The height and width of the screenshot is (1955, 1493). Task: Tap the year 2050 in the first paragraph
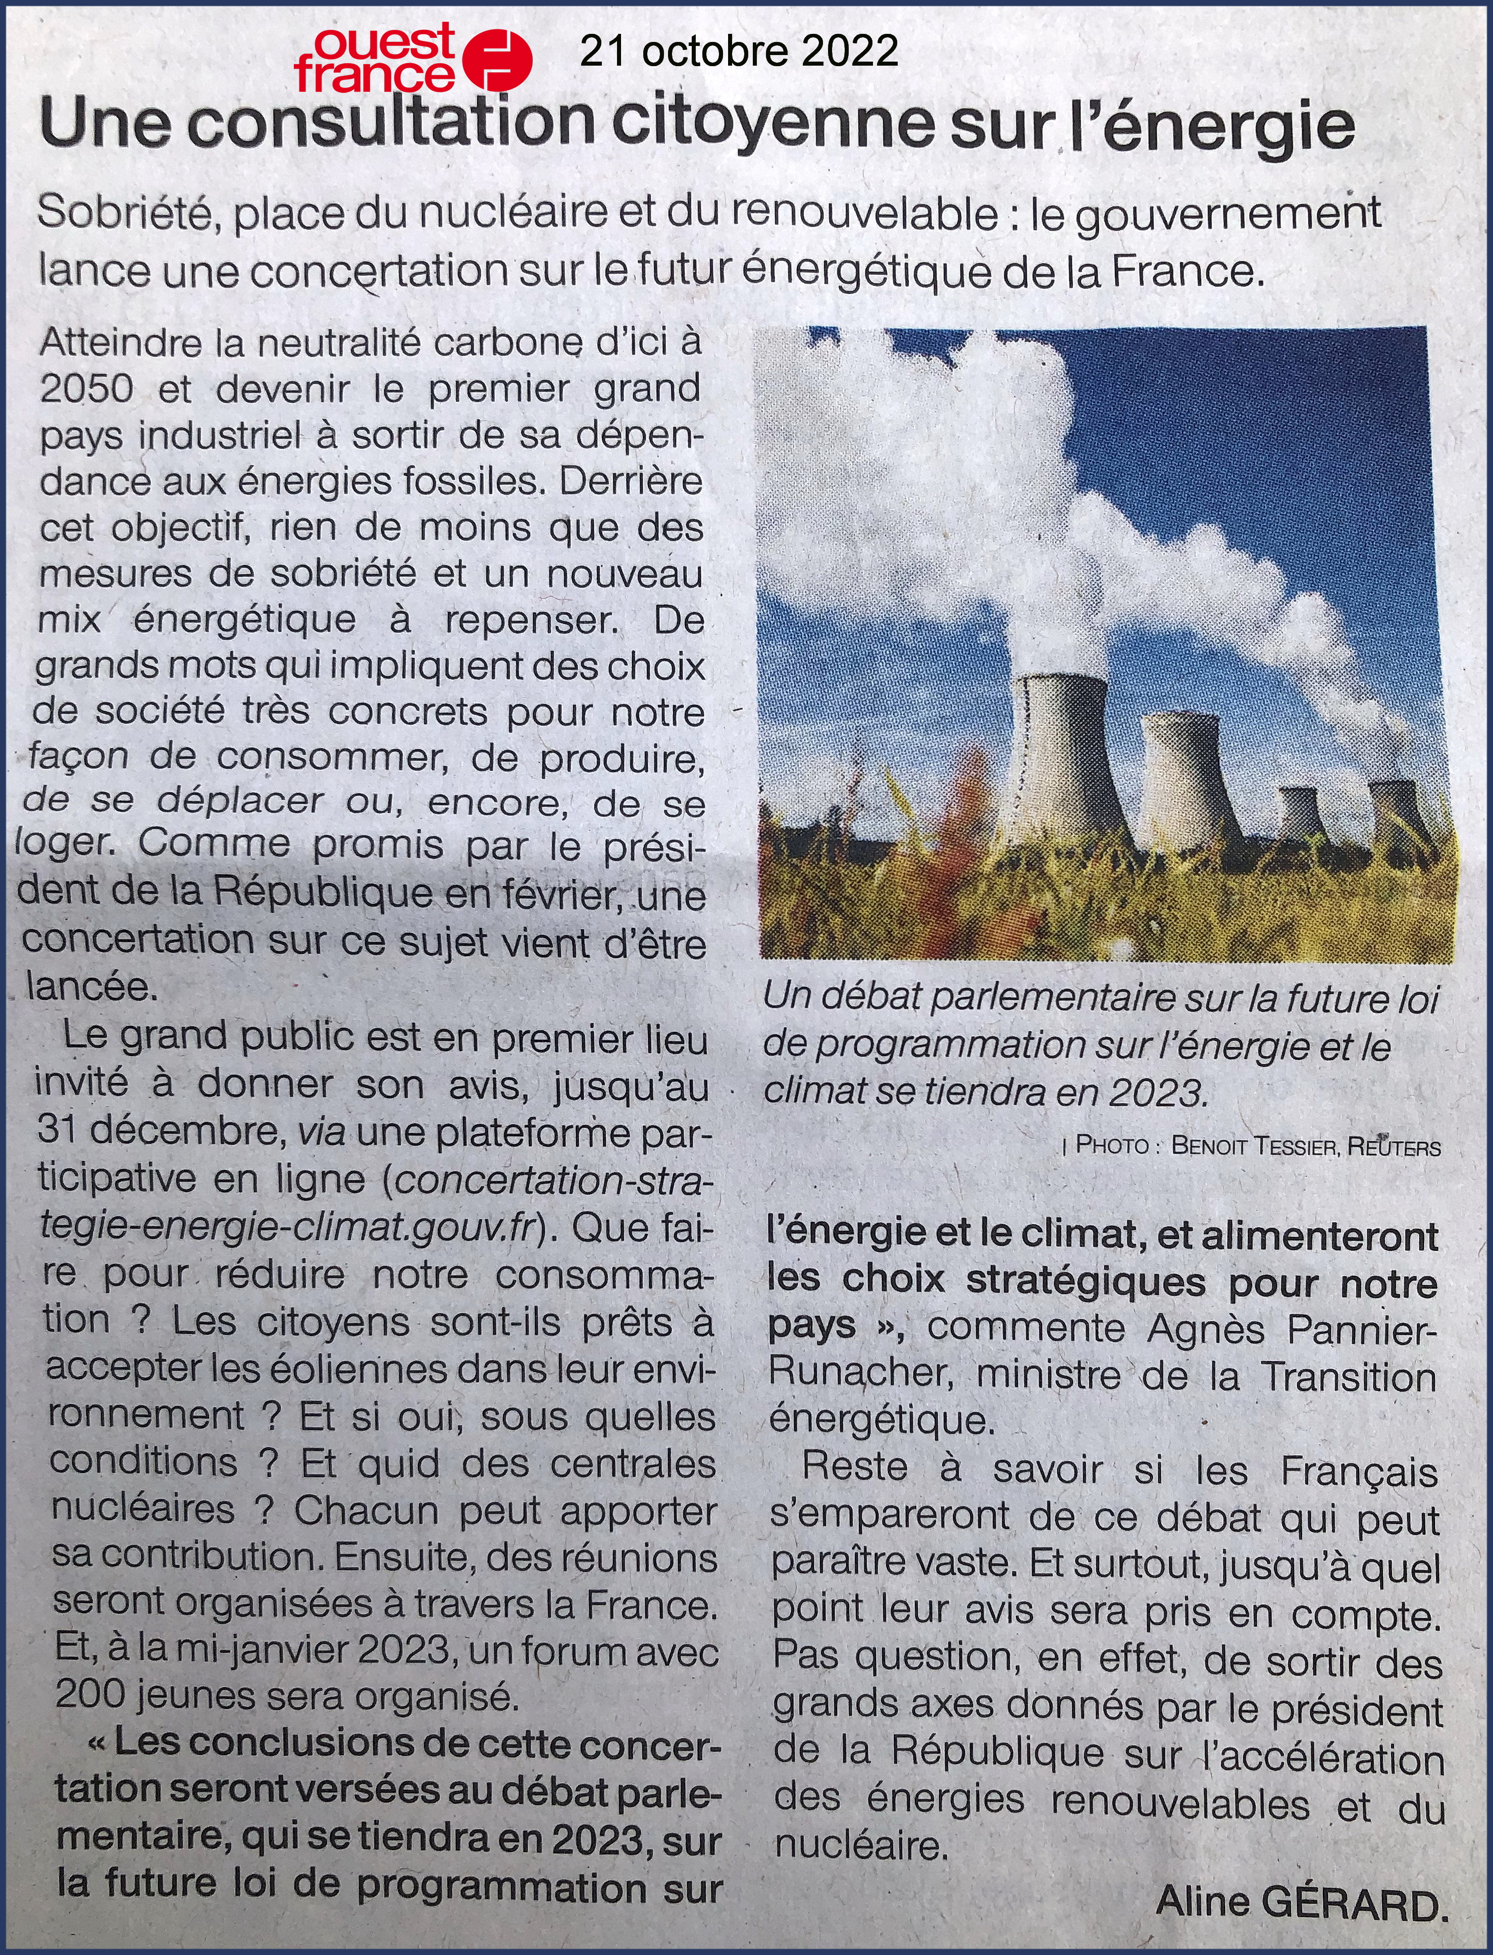pyautogui.click(x=87, y=389)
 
